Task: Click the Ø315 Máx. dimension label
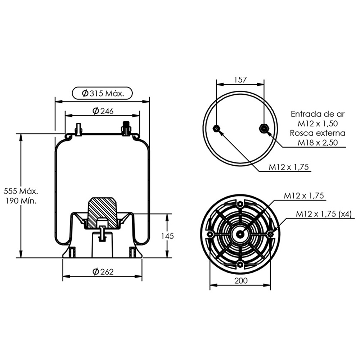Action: pyautogui.click(x=103, y=94)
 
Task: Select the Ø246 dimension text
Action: pyautogui.click(x=103, y=111)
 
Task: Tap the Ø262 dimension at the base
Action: pyautogui.click(x=103, y=272)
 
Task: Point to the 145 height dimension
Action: pyautogui.click(x=167, y=236)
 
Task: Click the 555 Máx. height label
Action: pyautogui.click(x=21, y=191)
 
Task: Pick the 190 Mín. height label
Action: pyautogui.click(x=21, y=201)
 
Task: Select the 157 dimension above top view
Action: pyautogui.click(x=240, y=80)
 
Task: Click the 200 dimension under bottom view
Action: pyautogui.click(x=241, y=280)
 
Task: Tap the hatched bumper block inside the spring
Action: pyautogui.click(x=102, y=212)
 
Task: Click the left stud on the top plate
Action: pyautogui.click(x=78, y=130)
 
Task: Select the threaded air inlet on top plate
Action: pyautogui.click(x=126, y=129)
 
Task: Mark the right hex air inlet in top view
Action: pyautogui.click(x=264, y=129)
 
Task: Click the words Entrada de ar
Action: pyautogui.click(x=318, y=114)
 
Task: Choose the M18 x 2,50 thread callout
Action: pyautogui.click(x=318, y=143)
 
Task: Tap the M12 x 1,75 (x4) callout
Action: pyautogui.click(x=324, y=214)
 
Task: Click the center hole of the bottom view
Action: pyautogui.click(x=240, y=234)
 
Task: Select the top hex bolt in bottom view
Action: pyautogui.click(x=240, y=204)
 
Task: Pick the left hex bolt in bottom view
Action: pyautogui.click(x=210, y=234)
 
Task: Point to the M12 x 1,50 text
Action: pyautogui.click(x=318, y=123)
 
